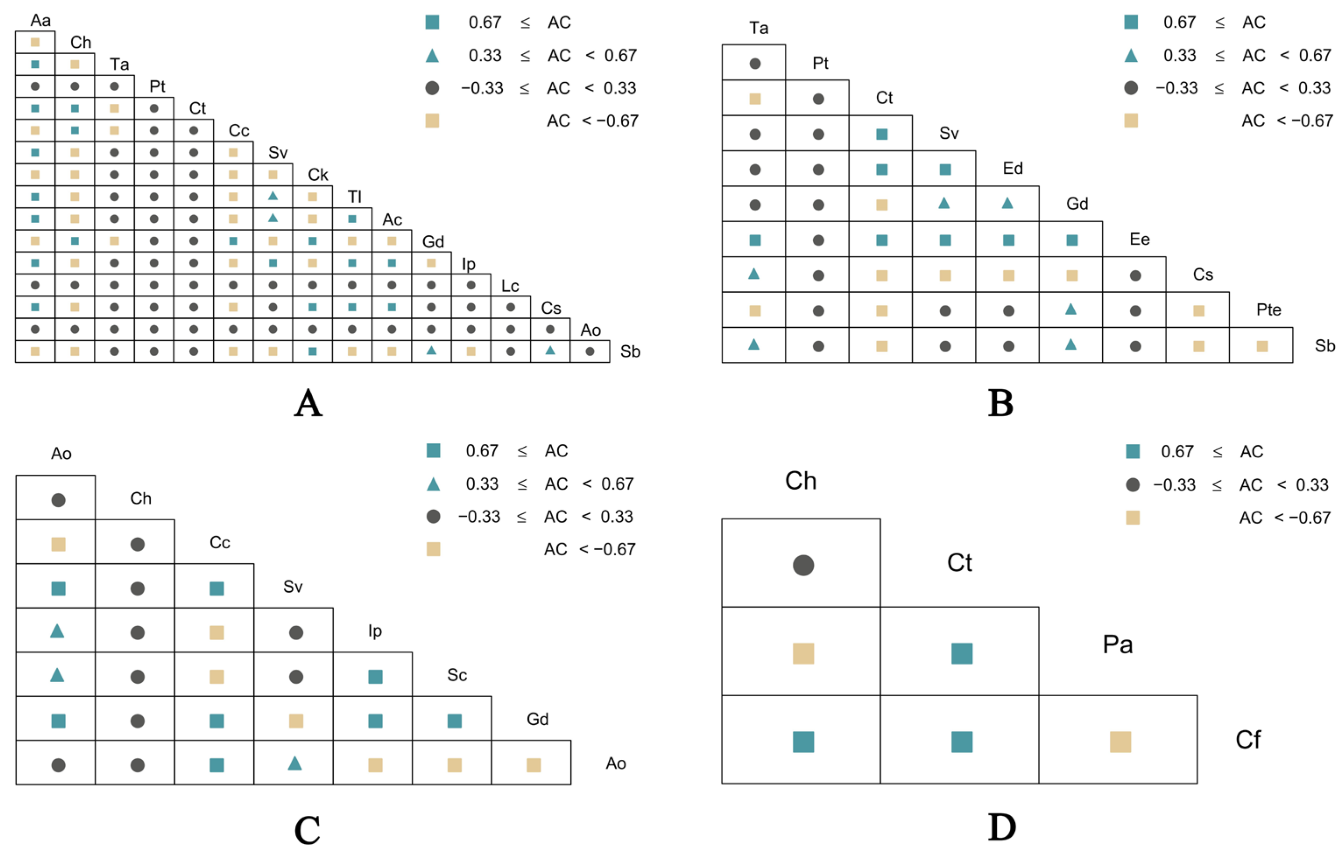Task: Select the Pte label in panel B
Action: click(1268, 309)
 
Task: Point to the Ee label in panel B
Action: click(1139, 239)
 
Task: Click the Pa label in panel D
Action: click(1118, 644)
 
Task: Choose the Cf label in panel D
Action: click(1248, 740)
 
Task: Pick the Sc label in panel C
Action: click(457, 675)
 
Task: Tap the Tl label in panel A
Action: click(354, 197)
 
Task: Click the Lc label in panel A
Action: click(510, 286)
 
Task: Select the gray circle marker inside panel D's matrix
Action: click(803, 565)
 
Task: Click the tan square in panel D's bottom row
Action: click(1120, 742)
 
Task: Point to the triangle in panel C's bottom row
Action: click(295, 763)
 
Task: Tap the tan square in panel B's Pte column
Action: click(1262, 346)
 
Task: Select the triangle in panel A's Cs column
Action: click(550, 350)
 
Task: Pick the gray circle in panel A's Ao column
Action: click(590, 351)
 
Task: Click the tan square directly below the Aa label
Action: click(35, 42)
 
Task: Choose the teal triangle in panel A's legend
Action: click(432, 55)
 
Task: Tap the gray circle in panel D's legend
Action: click(1132, 484)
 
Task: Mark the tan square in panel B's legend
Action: click(1131, 120)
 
